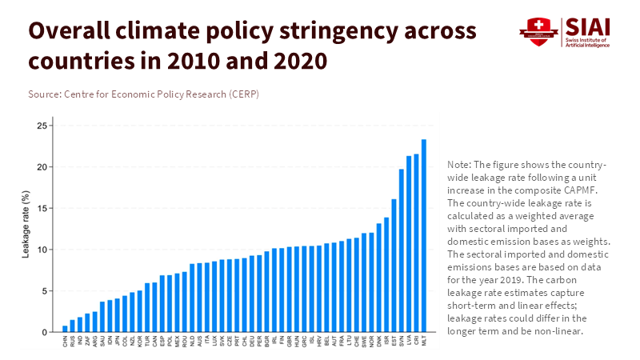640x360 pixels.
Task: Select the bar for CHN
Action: click(x=65, y=329)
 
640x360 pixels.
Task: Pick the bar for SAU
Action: click(x=102, y=317)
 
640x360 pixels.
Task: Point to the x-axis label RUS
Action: click(x=73, y=342)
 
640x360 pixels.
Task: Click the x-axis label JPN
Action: click(x=118, y=342)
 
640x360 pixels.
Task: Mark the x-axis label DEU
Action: click(x=252, y=342)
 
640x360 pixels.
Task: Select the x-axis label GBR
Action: click(x=289, y=342)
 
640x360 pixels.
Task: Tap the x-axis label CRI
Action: click(x=417, y=342)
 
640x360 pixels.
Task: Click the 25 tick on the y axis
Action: click(x=42, y=126)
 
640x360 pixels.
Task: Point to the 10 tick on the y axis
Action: click(x=42, y=250)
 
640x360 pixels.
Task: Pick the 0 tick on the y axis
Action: click(x=45, y=332)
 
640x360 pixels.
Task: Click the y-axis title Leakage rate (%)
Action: click(x=26, y=229)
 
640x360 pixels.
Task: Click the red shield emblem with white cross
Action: click(x=535, y=32)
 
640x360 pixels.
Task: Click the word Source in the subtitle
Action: click(x=43, y=94)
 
